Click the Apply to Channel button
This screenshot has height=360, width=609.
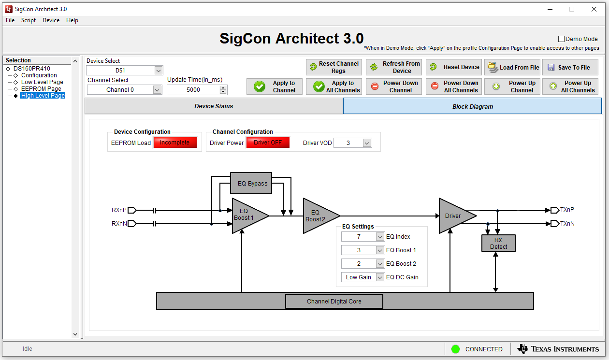click(x=275, y=86)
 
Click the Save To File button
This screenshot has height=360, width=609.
click(x=570, y=67)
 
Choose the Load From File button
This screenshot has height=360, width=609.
click(x=512, y=67)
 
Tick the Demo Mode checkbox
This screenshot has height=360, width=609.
click(x=562, y=39)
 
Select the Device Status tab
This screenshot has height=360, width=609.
click(x=214, y=106)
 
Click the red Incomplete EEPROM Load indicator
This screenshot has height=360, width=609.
click(x=175, y=143)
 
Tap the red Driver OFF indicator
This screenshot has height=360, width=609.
click(x=268, y=143)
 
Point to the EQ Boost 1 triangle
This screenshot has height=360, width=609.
click(x=246, y=216)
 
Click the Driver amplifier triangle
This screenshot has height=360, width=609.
click(x=453, y=216)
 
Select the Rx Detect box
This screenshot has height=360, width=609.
click(x=498, y=243)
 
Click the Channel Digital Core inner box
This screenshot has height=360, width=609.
click(x=334, y=302)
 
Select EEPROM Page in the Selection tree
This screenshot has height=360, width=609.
click(x=41, y=89)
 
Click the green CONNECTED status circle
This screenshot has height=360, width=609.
click(x=455, y=349)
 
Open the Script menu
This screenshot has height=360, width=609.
click(x=29, y=20)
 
